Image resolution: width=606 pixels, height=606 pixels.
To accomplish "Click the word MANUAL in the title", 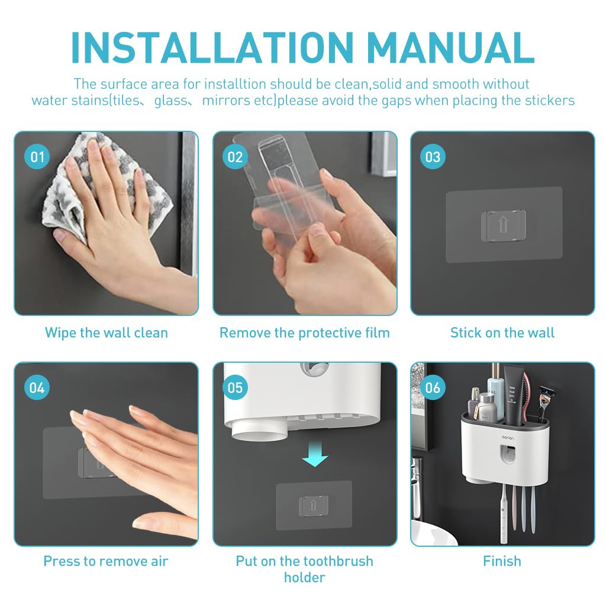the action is tap(450, 47).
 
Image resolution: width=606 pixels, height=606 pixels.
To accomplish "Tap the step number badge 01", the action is tap(37, 156).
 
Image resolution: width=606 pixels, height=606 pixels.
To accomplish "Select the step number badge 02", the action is tap(235, 156).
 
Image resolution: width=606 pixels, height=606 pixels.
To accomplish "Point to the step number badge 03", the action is tap(433, 156).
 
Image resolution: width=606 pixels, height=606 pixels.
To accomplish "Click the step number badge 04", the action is tap(37, 387).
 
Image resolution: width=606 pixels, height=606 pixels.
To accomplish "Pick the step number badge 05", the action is tap(235, 387).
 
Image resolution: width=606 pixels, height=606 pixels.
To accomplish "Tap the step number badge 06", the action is tap(433, 387).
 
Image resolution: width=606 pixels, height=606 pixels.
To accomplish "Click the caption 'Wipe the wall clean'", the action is tap(107, 333).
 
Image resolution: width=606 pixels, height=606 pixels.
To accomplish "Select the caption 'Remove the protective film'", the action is tap(305, 333).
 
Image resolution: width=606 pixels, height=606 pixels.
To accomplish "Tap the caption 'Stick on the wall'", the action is tap(502, 333).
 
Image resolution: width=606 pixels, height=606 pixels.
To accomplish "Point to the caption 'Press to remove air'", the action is tap(106, 561).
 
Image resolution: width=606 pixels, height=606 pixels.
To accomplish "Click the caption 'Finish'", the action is tap(502, 561).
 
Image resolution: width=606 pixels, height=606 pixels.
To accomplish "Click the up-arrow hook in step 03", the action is tap(503, 225).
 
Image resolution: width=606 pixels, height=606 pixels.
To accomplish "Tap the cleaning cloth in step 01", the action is tap(104, 185).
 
